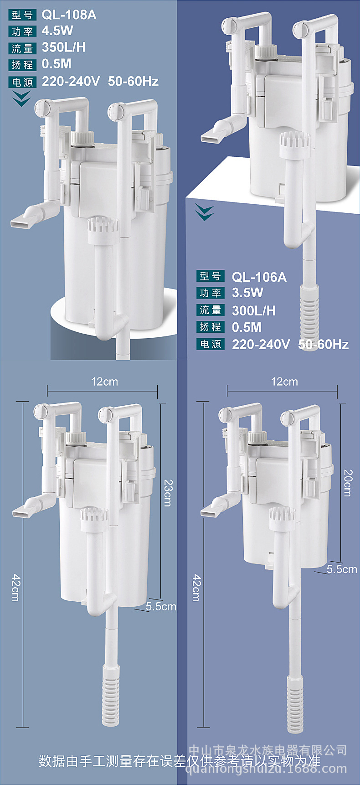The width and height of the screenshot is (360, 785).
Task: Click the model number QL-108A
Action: [x=69, y=15]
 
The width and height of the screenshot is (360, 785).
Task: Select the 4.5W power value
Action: [x=57, y=31]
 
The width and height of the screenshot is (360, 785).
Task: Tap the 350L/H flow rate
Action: [x=63, y=47]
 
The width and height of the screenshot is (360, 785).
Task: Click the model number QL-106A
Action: [x=259, y=277]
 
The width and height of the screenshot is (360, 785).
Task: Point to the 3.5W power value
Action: [x=247, y=293]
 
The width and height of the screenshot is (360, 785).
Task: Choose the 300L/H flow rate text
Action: [x=253, y=310]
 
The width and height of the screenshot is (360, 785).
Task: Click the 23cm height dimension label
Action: [x=167, y=493]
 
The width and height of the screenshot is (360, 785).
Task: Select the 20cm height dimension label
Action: [x=347, y=483]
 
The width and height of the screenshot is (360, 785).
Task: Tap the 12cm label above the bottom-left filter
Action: [x=104, y=382]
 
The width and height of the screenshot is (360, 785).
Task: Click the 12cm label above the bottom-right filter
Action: [x=284, y=382]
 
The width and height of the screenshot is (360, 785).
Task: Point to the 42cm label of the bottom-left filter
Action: [x=15, y=588]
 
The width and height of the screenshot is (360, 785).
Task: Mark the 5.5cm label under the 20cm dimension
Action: [x=342, y=569]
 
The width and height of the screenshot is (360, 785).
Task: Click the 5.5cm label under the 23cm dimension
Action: [x=161, y=606]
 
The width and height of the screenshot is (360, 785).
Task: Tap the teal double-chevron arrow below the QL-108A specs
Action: [x=21, y=98]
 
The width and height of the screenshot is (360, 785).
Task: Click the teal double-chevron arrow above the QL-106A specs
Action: [x=204, y=212]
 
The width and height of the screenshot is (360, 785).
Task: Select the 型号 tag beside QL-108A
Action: [x=22, y=15]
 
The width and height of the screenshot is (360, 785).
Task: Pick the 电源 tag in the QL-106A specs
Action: [x=211, y=344]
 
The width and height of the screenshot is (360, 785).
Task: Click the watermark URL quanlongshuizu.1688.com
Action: [x=267, y=770]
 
